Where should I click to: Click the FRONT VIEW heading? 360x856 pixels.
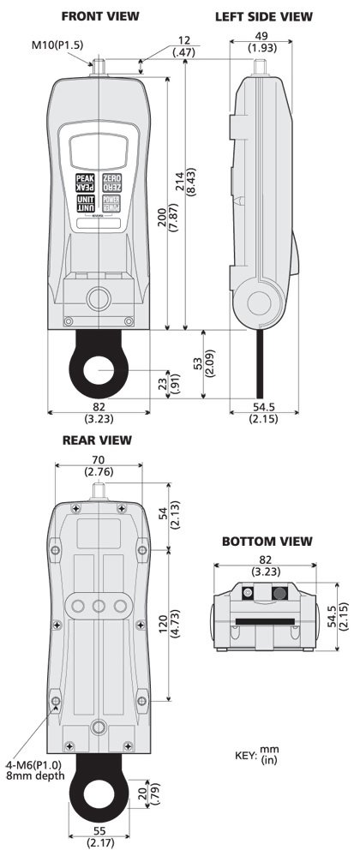tap(100, 16)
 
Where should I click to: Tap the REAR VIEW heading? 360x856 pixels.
tap(96, 440)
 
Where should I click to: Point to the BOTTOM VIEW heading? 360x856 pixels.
tap(267, 542)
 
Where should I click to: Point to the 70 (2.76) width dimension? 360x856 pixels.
tap(96, 465)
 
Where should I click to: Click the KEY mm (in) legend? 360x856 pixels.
tap(261, 756)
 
